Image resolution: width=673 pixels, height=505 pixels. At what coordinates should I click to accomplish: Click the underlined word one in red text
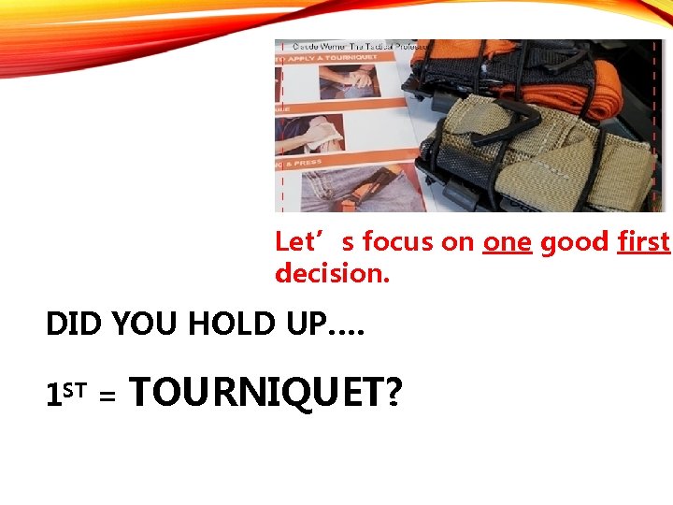(507, 243)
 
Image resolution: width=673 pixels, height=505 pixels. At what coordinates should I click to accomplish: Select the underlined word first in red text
(643, 243)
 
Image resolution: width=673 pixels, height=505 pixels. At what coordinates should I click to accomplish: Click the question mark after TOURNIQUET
(394, 393)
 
